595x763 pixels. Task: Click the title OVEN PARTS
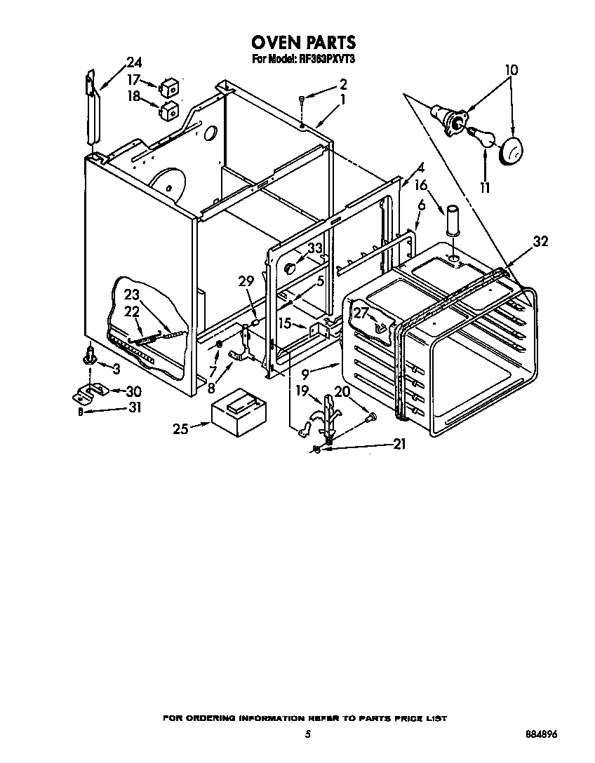[303, 43]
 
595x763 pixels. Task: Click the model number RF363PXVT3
[322, 60]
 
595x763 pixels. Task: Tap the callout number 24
[133, 62]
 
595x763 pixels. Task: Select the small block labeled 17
[169, 87]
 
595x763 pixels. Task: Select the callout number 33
[314, 248]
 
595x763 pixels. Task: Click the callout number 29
[245, 281]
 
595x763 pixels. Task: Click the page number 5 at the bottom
[307, 734]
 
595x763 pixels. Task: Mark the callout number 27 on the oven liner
[361, 313]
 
